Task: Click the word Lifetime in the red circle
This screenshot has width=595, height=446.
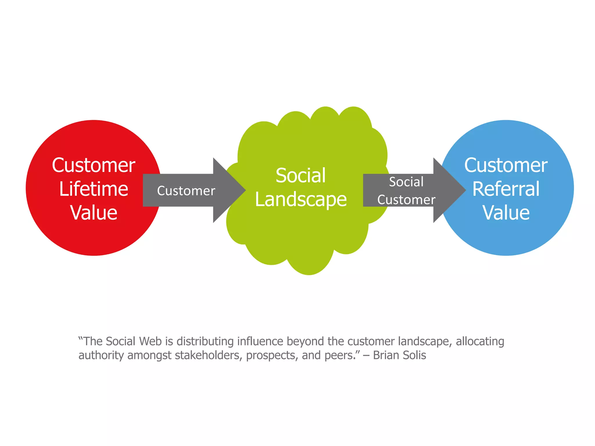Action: click(x=94, y=189)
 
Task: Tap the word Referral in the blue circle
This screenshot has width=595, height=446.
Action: click(x=506, y=189)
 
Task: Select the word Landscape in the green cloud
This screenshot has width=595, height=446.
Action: click(x=301, y=199)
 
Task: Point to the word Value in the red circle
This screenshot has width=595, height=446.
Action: click(x=94, y=213)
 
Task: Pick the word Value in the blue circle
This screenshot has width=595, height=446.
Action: click(x=506, y=213)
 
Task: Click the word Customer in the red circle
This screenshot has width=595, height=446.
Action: click(x=94, y=165)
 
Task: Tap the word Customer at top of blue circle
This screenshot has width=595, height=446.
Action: click(x=506, y=165)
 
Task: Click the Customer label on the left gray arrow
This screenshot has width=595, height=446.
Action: click(x=186, y=191)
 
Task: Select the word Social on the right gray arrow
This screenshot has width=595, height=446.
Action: click(x=406, y=182)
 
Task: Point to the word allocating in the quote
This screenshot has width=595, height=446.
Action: click(x=480, y=341)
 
